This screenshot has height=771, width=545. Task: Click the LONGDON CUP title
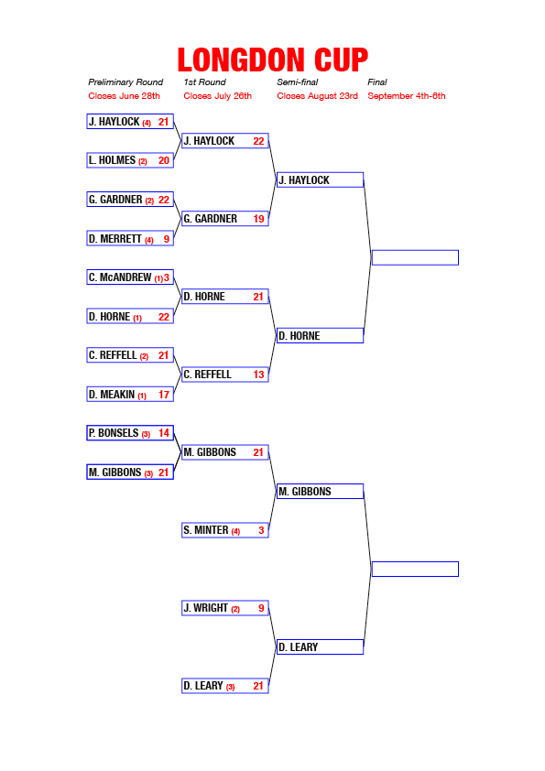pyautogui.click(x=273, y=60)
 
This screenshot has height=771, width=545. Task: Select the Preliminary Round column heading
pyautogui.click(x=125, y=82)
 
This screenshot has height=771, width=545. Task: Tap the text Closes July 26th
pyautogui.click(x=217, y=96)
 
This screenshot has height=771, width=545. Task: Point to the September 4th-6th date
pyautogui.click(x=407, y=96)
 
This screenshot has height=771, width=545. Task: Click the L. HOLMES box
pyautogui.click(x=130, y=160)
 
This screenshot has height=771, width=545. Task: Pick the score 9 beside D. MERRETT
pyautogui.click(x=167, y=239)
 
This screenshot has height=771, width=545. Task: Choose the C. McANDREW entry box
pyautogui.click(x=130, y=277)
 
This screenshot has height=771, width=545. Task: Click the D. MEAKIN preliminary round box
pyautogui.click(x=130, y=395)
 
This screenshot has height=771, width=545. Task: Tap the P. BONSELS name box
pyautogui.click(x=130, y=433)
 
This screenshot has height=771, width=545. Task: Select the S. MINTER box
pyautogui.click(x=225, y=530)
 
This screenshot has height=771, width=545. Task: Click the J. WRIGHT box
pyautogui.click(x=225, y=608)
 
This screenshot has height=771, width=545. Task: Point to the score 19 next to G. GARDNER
pyautogui.click(x=258, y=219)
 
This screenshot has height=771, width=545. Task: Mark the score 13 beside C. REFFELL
pyautogui.click(x=258, y=375)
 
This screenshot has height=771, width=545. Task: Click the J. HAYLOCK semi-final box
pyautogui.click(x=321, y=180)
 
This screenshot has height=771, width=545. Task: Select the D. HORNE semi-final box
pyautogui.click(x=321, y=336)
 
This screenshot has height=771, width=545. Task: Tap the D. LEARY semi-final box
pyautogui.click(x=321, y=647)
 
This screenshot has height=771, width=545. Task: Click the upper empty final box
pyautogui.click(x=415, y=257)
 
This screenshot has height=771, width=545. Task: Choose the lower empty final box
pyautogui.click(x=415, y=570)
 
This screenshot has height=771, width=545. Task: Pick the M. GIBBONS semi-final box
pyautogui.click(x=321, y=491)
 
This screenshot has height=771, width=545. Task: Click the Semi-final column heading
pyautogui.click(x=298, y=82)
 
